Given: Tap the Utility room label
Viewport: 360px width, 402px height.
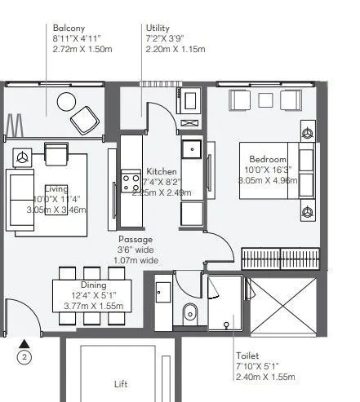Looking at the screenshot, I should pos(158,28).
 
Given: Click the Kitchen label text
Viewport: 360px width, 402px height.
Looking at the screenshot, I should pos(162,171).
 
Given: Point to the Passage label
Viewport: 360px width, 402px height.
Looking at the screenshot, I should pos(135,240).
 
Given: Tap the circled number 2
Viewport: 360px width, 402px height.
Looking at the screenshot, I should pos(25,356).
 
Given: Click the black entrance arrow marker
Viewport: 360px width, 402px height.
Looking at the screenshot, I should pos(25,342).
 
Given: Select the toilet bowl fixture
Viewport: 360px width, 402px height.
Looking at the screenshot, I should pos(190,311).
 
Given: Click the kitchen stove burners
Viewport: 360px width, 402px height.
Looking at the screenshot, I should pos(130,180).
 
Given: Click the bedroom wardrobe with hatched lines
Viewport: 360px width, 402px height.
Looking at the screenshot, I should pos(278,258).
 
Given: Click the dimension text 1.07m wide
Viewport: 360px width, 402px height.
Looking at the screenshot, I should pos(135,261).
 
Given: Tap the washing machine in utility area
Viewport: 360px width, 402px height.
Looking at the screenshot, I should pos(191,102).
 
